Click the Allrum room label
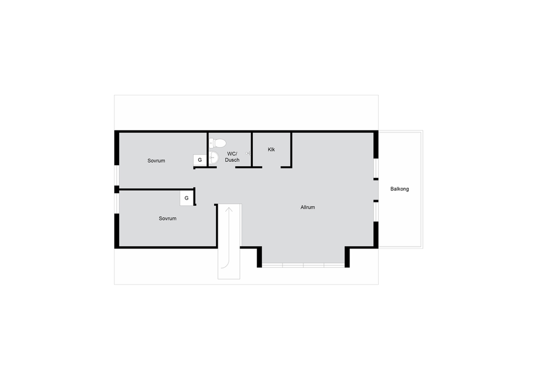[x=307, y=207]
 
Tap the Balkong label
[x=399, y=189]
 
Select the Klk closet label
[x=271, y=149]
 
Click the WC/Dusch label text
[x=232, y=157]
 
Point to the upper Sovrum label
[x=156, y=160]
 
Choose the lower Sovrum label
[x=167, y=218]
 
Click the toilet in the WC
[x=217, y=143]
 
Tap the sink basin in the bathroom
[x=213, y=157]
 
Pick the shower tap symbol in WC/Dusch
[x=248, y=153]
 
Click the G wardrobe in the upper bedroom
[x=200, y=160]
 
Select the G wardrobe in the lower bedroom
[x=187, y=198]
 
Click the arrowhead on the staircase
[x=229, y=210]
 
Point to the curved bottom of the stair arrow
[x=226, y=265]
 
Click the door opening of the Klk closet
[x=271, y=167]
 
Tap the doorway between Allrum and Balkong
[x=376, y=190]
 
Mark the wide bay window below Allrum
[x=303, y=265]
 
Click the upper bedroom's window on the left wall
[x=117, y=176]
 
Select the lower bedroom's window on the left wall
[x=117, y=203]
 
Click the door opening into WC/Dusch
[x=226, y=167]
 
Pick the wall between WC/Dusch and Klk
[x=251, y=150]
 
